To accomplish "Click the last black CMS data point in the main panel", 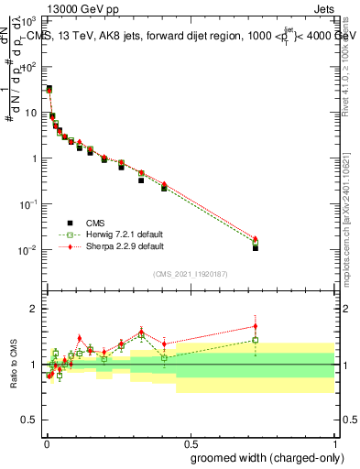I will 256,247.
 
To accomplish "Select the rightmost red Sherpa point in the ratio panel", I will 256,326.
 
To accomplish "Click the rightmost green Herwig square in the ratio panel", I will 256,340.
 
